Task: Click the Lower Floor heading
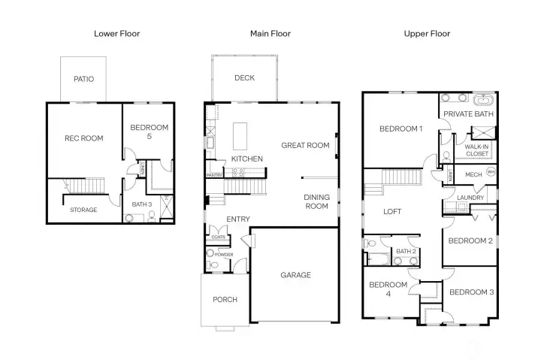(x=116, y=34)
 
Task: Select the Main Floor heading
(x=270, y=34)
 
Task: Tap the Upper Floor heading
(x=427, y=34)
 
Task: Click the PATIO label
(x=83, y=79)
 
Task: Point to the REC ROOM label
(x=83, y=138)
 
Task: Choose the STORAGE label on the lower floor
(x=83, y=210)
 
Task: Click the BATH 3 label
(x=142, y=204)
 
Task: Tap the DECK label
(x=244, y=78)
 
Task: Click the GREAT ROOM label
(x=305, y=146)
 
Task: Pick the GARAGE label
(x=295, y=275)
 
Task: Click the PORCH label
(x=225, y=299)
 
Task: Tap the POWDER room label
(x=224, y=255)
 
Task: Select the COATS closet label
(x=219, y=237)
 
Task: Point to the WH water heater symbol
(x=491, y=172)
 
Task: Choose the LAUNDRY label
(x=470, y=198)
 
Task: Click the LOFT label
(x=393, y=212)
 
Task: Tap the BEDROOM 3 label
(x=471, y=292)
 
